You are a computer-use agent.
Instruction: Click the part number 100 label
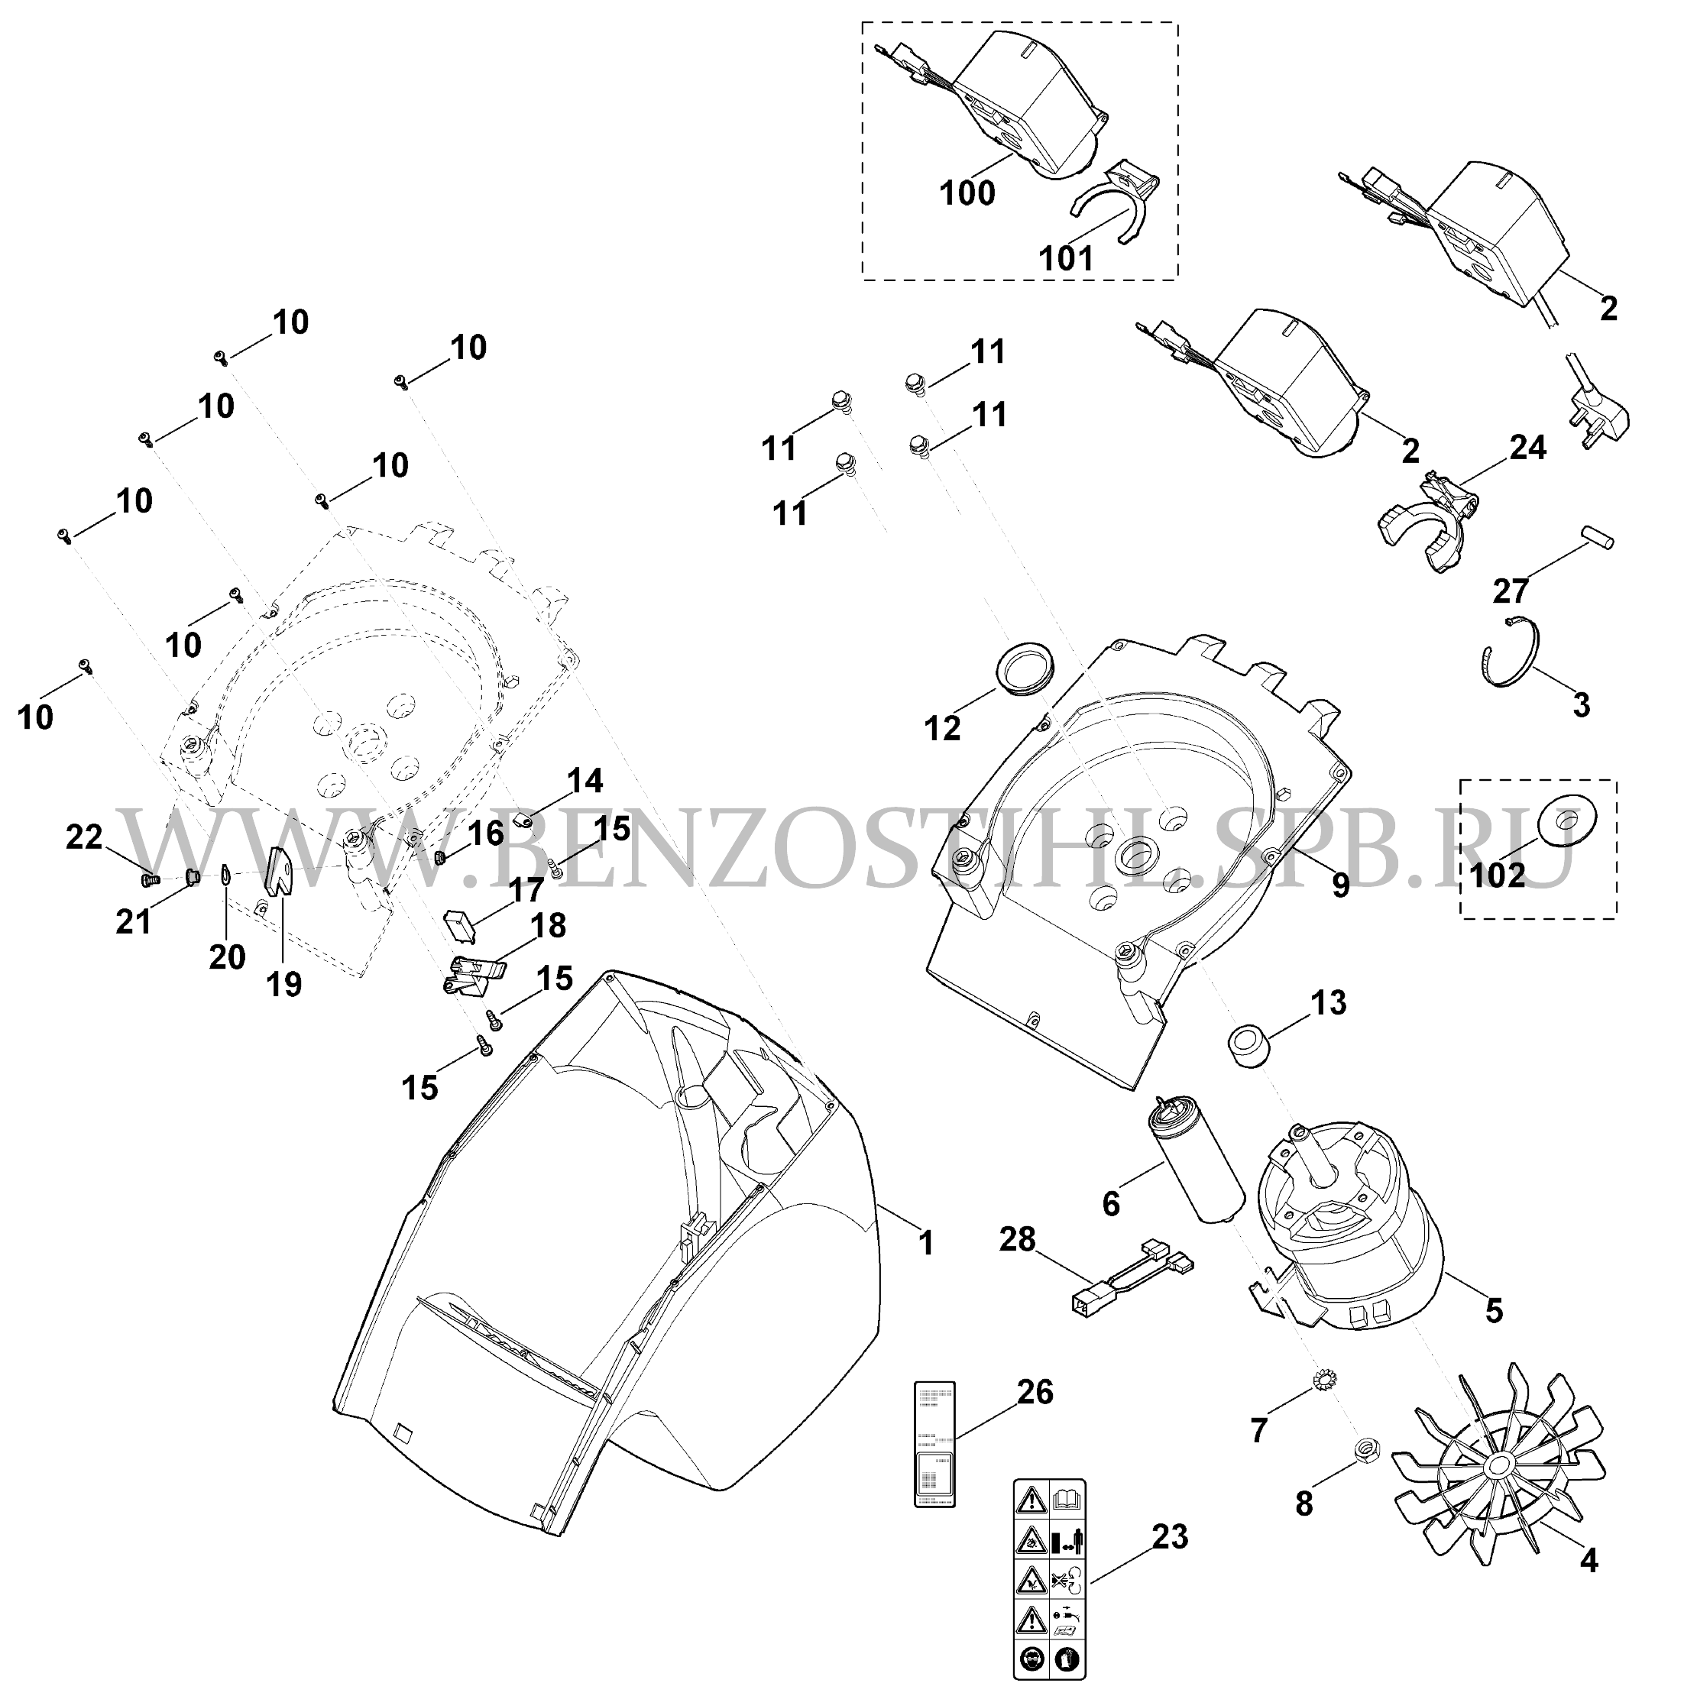coord(967,193)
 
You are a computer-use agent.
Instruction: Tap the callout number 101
coord(1067,258)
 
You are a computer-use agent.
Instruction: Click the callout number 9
coord(1339,885)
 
